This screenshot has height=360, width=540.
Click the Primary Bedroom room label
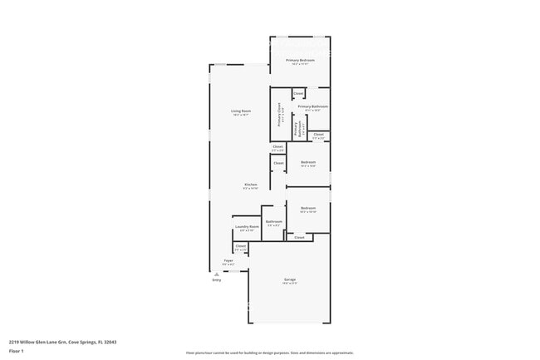[x=299, y=60]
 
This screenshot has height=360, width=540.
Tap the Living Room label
[x=241, y=111]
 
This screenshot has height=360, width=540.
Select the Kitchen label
[x=250, y=184]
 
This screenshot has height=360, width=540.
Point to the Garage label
[x=290, y=279]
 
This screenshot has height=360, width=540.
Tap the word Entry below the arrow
[x=217, y=280]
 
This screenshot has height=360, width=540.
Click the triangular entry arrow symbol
[x=217, y=274]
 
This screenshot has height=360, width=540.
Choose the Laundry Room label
[x=244, y=226]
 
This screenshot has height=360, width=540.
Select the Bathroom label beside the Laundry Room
[x=273, y=221]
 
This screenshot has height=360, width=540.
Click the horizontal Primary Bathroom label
[x=312, y=106]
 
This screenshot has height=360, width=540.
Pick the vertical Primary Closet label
[x=280, y=114]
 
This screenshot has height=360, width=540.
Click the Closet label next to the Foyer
[x=240, y=245]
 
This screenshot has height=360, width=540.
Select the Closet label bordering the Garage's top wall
[x=299, y=237]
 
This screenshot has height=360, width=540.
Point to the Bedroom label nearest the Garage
[x=308, y=208]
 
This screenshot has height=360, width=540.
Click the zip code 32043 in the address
[x=109, y=341]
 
